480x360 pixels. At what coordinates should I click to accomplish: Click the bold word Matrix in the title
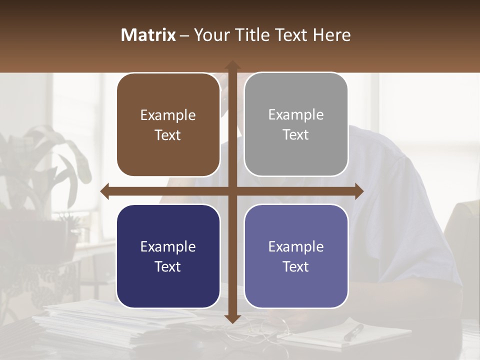[148, 35]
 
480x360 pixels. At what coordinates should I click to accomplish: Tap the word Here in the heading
[331, 35]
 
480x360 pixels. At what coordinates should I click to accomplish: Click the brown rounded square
[168, 125]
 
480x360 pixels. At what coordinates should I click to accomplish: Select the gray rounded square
[296, 124]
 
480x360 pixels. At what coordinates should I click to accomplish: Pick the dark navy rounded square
[168, 256]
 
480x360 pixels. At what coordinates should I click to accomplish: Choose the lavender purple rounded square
[296, 256]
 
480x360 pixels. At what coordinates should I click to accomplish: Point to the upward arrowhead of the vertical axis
[232, 65]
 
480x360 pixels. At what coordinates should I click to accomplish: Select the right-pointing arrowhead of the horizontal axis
[358, 191]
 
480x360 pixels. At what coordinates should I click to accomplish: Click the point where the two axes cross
[232, 191]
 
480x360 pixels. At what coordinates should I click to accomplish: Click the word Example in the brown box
[168, 115]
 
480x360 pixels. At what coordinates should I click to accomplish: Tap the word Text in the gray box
[296, 135]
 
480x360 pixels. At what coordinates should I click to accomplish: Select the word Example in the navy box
[168, 247]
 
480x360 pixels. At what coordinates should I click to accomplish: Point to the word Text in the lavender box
[296, 266]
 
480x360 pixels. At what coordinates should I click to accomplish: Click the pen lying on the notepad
[353, 332]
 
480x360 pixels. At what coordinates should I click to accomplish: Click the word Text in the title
[290, 35]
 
